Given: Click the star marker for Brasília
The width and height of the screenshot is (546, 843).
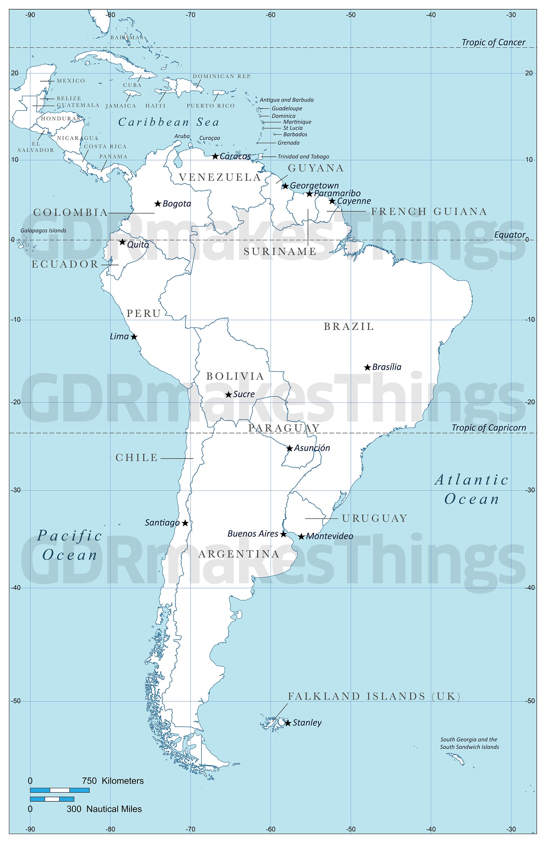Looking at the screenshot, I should pos(368,367).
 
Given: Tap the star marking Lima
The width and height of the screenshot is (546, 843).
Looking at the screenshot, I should pos(134,336).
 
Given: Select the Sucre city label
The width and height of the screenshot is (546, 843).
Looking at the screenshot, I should pos(244,394).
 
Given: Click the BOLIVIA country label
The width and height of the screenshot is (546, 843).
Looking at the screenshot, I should pos(235,376).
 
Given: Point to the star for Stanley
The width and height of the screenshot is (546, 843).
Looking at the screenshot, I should pos(288,723).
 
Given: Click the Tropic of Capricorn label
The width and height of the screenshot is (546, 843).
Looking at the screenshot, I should pos(489,427).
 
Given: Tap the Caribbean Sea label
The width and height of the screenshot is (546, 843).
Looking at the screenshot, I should pos(169,122).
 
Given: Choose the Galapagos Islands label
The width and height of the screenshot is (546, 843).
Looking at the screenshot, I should pos(43,231).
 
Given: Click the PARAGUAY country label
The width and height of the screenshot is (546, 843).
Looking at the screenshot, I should pos(284,428).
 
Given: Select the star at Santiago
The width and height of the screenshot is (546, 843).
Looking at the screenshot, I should pos(185,523).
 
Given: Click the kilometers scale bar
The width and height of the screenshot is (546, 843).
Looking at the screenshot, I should pos(60,790).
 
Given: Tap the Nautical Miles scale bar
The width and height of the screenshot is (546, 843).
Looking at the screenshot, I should pos(52,799).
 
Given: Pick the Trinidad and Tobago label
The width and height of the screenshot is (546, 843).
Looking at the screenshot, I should pos(303,157).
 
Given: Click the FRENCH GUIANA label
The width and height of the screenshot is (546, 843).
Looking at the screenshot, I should pos(429,212).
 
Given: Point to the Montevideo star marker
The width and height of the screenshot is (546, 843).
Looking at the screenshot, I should pos(301,537).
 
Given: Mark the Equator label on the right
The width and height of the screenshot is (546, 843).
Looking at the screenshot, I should pos(509,235).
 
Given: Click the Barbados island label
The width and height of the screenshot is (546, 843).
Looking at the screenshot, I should pos(295,135).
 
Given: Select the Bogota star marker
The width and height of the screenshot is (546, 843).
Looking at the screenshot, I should pos(158,204).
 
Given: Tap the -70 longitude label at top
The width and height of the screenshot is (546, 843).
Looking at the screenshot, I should pos(190,15).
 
